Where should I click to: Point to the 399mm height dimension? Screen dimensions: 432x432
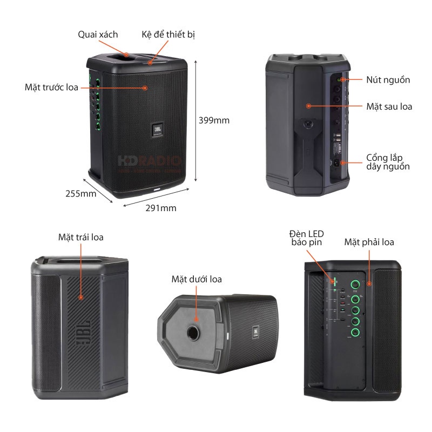tap(214, 120)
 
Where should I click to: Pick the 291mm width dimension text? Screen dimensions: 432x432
tap(160, 207)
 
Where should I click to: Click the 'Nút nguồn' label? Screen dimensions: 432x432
tap(388, 80)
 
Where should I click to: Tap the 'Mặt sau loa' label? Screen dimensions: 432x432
tap(389, 106)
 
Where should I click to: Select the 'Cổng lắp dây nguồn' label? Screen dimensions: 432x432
tap(388, 162)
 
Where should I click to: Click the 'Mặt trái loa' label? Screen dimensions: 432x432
tap(81, 237)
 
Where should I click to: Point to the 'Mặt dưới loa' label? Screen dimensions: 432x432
tap(197, 279)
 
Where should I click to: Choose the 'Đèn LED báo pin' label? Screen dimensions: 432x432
tap(306, 238)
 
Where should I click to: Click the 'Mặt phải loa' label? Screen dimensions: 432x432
tap(369, 242)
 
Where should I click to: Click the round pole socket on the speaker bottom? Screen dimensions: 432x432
tap(193, 335)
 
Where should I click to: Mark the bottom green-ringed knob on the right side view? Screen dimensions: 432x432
tap(355, 334)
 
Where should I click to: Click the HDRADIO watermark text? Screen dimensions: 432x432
tap(150, 160)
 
